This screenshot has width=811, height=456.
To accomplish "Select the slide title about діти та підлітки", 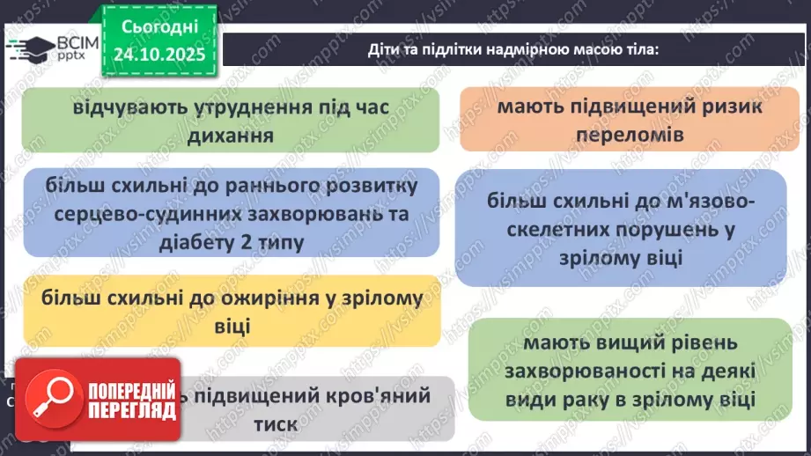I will click(512, 49).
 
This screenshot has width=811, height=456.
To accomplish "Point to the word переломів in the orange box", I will click(622, 135).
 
